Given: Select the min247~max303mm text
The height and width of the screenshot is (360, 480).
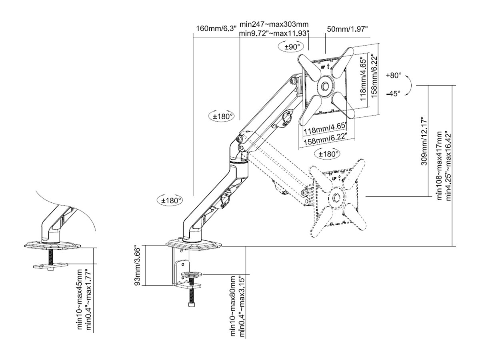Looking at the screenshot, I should click(274, 25).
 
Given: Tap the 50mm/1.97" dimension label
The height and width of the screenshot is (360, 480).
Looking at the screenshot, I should click(347, 29).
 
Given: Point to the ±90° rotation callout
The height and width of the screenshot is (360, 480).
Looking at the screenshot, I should click(292, 47).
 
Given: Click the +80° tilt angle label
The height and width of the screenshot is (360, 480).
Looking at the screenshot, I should click(394, 76).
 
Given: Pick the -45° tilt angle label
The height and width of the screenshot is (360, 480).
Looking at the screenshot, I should click(394, 94).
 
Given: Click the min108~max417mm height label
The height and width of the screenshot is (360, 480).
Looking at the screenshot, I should click(440, 166).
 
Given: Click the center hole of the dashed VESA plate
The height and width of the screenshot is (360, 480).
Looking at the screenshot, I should click(336, 198).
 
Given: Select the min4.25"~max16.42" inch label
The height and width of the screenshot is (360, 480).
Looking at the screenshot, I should click(449, 166).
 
